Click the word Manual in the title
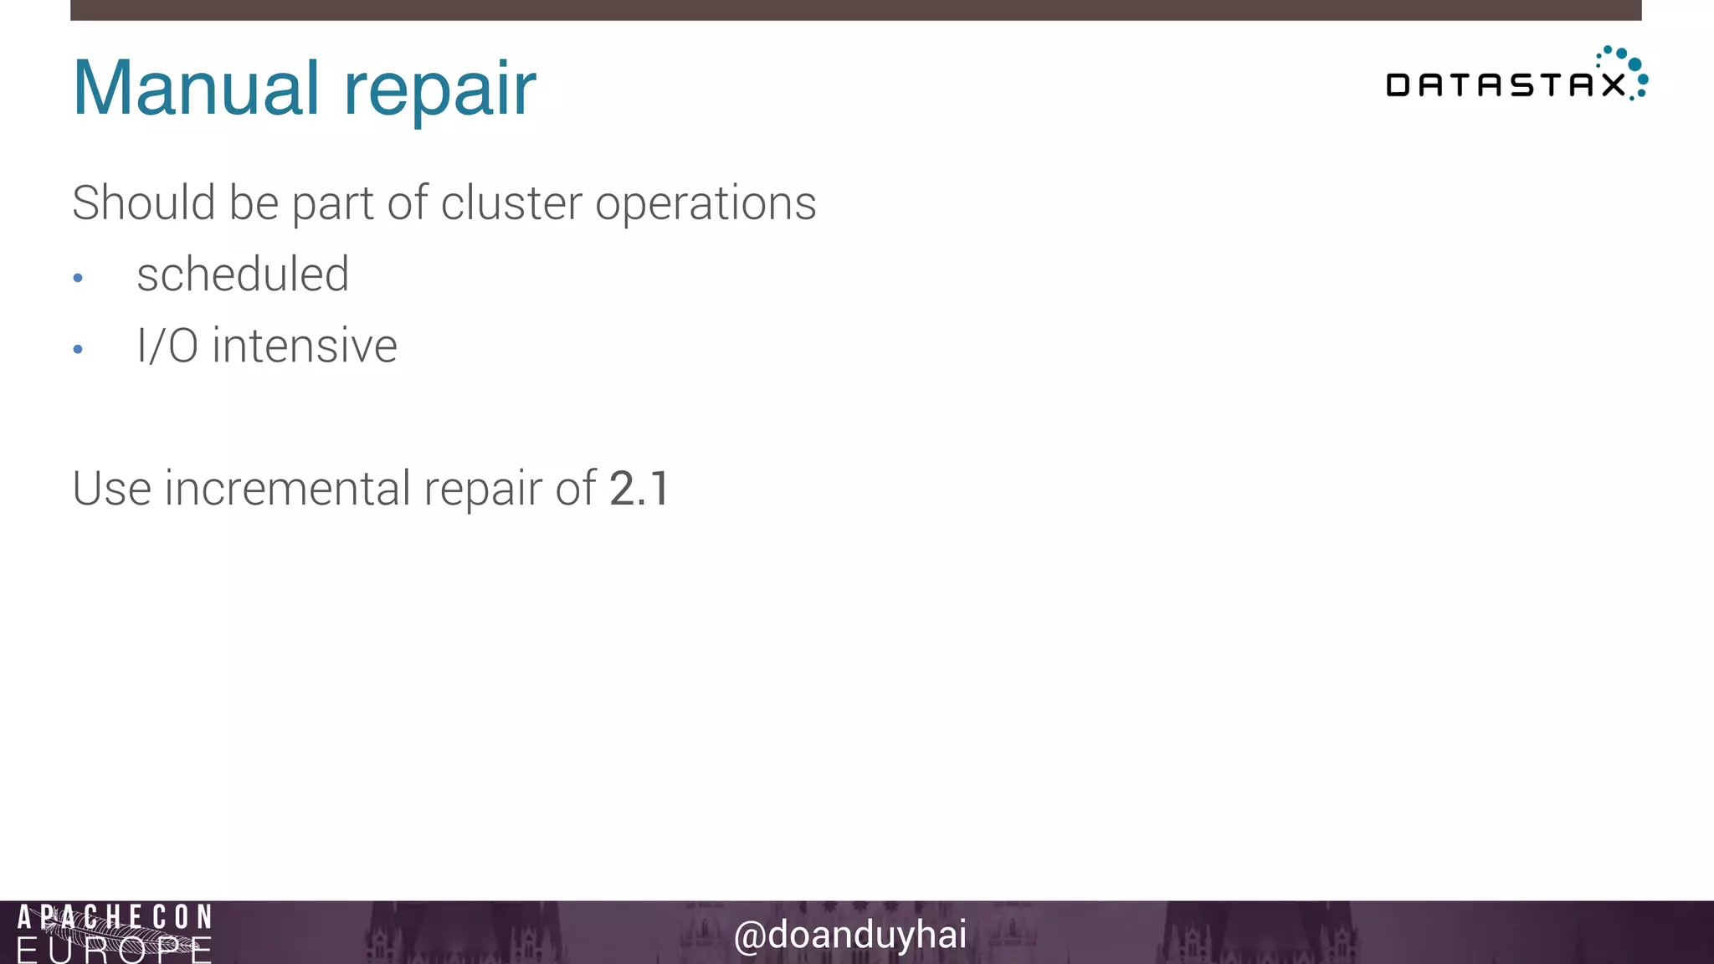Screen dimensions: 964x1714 (x=196, y=88)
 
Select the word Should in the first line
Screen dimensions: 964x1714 (x=143, y=203)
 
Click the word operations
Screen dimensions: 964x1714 (x=705, y=204)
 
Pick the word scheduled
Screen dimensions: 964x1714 (x=243, y=274)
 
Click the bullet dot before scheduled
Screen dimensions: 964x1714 (x=78, y=278)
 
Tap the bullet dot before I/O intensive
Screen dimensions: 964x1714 (x=78, y=349)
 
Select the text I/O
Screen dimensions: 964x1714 (x=167, y=346)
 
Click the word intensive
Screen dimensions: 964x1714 (x=305, y=346)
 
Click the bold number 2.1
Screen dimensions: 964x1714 (x=639, y=488)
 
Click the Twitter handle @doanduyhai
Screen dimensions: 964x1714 (x=849, y=935)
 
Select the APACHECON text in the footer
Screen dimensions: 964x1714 (x=115, y=917)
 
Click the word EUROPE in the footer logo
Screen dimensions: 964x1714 (x=115, y=951)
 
